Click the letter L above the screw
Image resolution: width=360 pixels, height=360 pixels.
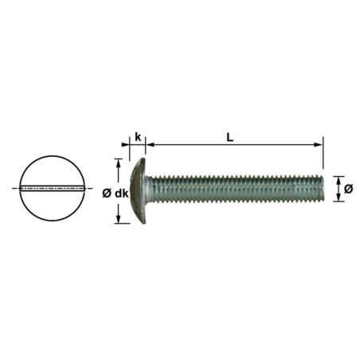pos(229,136)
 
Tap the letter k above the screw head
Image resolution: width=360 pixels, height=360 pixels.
pos(138,136)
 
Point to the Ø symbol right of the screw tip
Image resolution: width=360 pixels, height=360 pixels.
pos(348,189)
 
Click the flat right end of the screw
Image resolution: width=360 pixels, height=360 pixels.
pos(323,190)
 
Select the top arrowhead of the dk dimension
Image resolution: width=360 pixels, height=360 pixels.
pos(119,162)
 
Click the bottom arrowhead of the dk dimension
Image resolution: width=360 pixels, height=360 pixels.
pos(119,218)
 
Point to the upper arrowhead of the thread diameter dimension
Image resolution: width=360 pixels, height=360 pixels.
pos(338,179)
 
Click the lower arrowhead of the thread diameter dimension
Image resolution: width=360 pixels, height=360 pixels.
pos(338,199)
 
